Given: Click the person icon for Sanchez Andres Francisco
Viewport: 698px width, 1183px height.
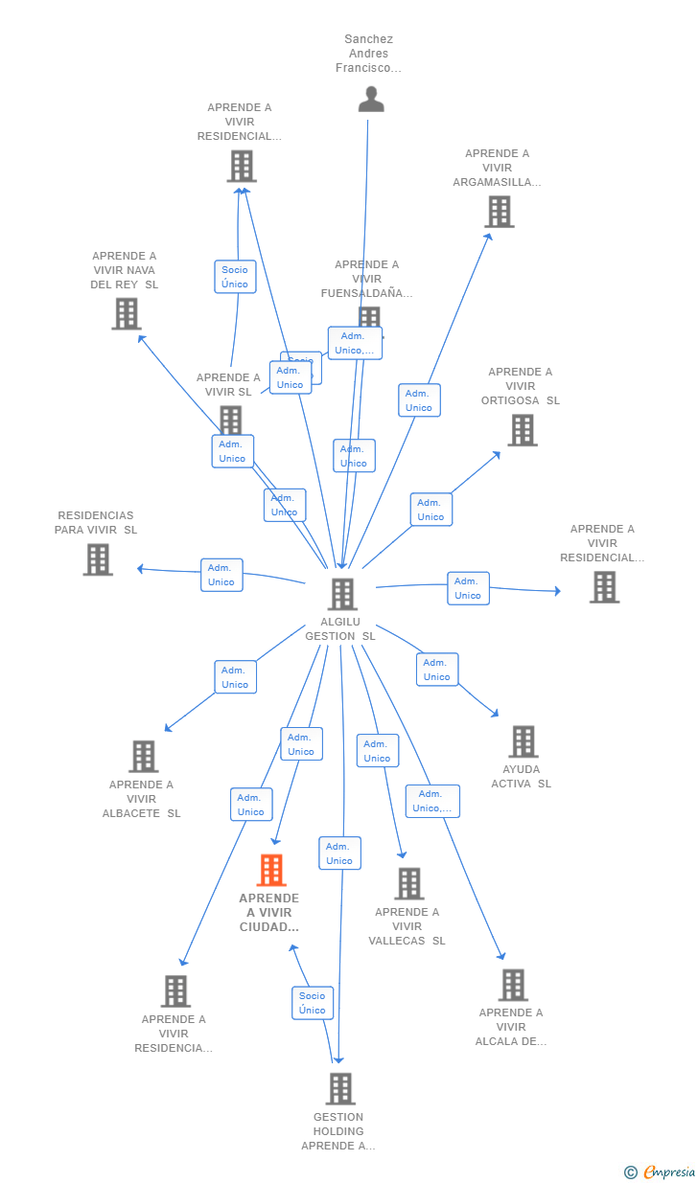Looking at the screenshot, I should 371,99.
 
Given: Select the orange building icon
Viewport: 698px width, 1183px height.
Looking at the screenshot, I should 271,871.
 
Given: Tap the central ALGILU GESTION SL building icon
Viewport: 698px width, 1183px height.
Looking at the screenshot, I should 342,594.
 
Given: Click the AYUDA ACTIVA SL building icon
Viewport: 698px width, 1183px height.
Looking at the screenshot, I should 523,741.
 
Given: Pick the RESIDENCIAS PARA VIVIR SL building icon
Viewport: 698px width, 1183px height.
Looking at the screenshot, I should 98,559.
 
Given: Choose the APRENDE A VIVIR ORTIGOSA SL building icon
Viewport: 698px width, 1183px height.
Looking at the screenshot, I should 522,430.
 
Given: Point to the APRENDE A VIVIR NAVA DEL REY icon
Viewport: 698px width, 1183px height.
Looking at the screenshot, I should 126,313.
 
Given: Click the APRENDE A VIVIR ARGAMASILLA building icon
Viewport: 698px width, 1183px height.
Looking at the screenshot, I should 499,212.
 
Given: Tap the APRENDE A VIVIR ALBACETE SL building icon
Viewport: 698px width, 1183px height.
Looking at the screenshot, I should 143,756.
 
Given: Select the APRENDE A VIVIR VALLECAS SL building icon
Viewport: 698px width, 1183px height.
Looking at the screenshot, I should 408,883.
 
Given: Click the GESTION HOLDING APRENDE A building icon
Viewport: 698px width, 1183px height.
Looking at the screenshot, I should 339,1088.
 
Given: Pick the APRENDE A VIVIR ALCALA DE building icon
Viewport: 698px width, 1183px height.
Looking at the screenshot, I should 513,985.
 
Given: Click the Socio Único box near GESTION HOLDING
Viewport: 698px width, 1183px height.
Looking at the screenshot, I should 313,1003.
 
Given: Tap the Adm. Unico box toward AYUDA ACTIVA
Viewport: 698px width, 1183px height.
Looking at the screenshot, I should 437,670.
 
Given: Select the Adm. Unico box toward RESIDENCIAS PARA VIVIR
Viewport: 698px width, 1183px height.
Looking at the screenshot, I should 221,575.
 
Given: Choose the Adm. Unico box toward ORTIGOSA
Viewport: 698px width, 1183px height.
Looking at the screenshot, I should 430,510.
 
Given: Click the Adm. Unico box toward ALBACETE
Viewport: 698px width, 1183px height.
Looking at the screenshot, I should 235,677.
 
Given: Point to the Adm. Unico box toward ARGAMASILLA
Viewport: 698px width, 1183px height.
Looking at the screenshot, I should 419,400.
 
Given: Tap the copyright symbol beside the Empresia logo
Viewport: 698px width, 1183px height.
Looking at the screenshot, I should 630,1172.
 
